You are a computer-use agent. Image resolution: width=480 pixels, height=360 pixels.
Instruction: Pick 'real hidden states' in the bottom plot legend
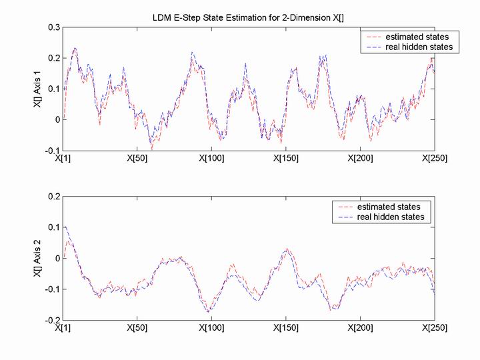pyautogui.click(x=393, y=217)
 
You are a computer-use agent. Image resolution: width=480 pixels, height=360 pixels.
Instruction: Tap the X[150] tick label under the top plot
pyautogui.click(x=285, y=159)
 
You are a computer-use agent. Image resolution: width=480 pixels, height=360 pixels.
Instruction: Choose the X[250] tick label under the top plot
pyautogui.click(x=433, y=159)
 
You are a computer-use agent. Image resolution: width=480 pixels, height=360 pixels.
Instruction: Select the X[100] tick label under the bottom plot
pyautogui.click(x=211, y=328)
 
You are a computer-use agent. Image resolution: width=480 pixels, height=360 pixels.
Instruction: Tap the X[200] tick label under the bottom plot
pyautogui.click(x=359, y=328)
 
